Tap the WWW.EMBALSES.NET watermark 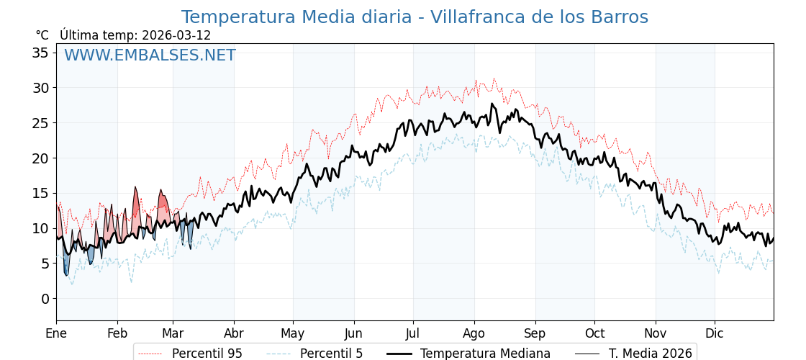pos(150,55)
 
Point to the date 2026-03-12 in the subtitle pos(176,35)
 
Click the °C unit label pos(42,35)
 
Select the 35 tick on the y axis pos(42,53)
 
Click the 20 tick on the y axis pos(42,158)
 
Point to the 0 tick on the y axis pos(45,299)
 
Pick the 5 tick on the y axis pos(45,264)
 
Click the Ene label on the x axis pos(56,334)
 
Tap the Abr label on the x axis pos(233,334)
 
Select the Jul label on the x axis pos(413,334)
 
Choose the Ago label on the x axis pos(474,334)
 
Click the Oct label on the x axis pos(594,334)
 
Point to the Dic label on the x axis pos(715,334)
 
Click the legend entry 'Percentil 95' pos(207,354)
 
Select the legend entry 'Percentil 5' pos(331,354)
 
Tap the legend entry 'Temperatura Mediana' pos(485,354)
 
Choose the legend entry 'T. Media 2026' pos(650,354)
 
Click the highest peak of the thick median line pos(492,104)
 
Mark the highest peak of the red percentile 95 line pos(494,78)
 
